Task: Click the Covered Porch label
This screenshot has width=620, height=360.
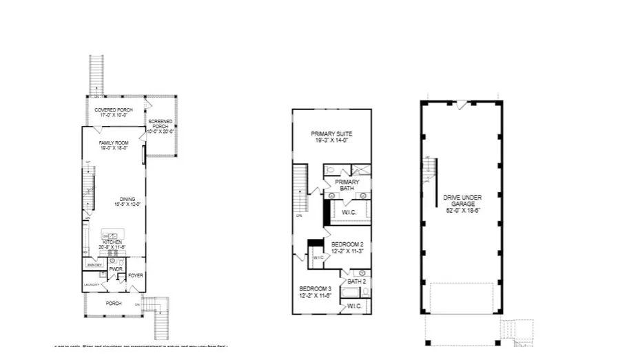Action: tap(114, 110)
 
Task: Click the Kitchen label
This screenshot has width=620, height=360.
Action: tap(112, 242)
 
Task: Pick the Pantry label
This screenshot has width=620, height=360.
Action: tap(94, 264)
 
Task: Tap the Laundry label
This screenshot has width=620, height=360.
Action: tap(92, 284)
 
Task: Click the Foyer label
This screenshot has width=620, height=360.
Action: tap(135, 276)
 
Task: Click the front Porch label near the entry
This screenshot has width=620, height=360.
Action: tap(114, 303)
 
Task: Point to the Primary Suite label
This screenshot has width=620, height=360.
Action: tap(331, 134)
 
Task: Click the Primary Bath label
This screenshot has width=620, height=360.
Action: tap(347, 185)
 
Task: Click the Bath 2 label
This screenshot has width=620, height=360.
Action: tap(356, 282)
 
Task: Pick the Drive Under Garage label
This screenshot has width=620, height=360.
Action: tap(462, 201)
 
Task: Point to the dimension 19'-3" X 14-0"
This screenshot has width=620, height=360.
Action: tap(331, 140)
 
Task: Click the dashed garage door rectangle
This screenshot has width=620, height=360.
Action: tap(462, 298)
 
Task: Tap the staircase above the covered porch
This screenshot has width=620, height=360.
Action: tap(97, 74)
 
